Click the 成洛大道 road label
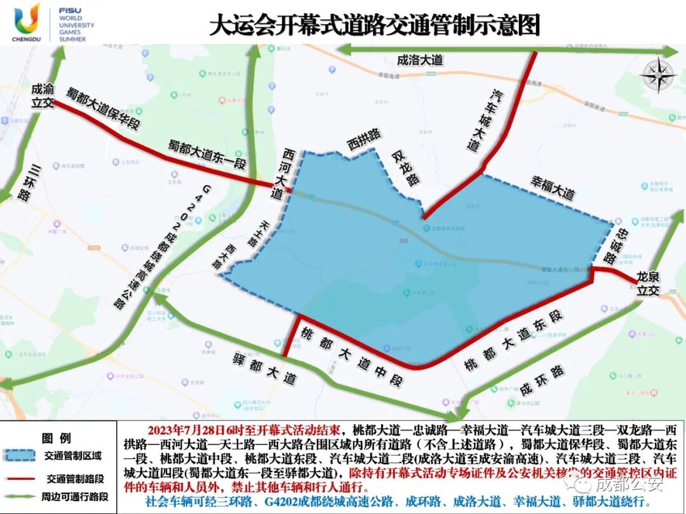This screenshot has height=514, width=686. [419, 61]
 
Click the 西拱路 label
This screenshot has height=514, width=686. [363, 139]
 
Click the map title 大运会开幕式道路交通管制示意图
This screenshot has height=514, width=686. [375, 26]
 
